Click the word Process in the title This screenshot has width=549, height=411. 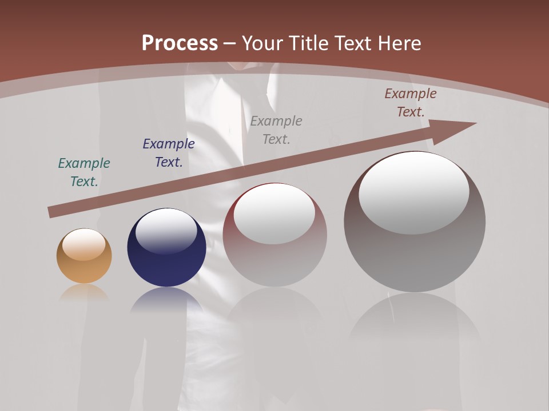180,43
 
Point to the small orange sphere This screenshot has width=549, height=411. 84,263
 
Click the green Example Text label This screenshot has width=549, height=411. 84,172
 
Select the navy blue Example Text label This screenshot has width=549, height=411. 169,153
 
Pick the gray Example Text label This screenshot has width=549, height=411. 276,130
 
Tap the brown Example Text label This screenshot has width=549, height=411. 411,103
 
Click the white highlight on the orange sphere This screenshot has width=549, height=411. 83,245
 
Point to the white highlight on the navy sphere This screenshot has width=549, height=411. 166,230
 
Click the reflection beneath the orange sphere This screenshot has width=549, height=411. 84,292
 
